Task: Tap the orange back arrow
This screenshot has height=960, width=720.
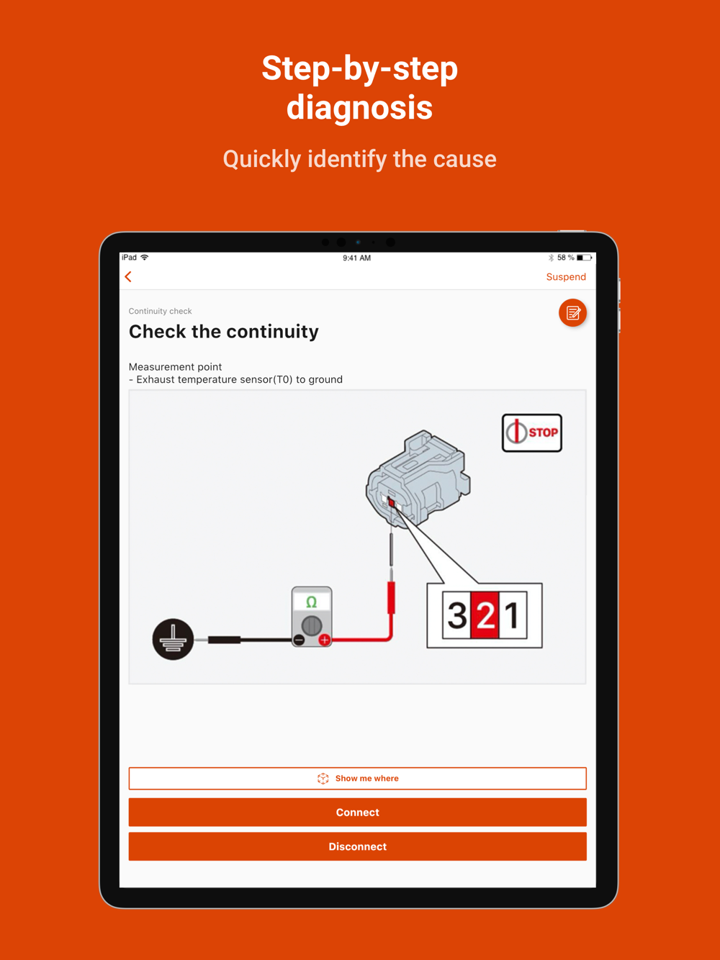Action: pos(128,276)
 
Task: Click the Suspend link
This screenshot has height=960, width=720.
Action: pos(566,277)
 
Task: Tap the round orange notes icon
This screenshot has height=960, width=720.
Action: pos(572,313)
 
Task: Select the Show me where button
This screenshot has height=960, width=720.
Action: pos(357,778)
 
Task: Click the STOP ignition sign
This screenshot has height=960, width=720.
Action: pos(532,433)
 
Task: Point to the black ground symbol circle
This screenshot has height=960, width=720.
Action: pos(173,639)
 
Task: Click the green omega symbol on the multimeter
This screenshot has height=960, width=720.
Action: pos(312,602)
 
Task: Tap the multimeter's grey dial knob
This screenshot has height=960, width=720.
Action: pos(312,625)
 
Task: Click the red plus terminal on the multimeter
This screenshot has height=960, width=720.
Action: pos(325,640)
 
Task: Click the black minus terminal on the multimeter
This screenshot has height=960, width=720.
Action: pos(300,640)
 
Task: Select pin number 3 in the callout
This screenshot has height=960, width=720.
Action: pos(457,615)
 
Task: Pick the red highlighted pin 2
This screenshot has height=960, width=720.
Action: pos(485,615)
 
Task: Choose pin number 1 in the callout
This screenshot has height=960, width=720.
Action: pos(513,615)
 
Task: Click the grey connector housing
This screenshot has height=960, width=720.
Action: pos(418,478)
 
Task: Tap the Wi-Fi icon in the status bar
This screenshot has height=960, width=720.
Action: pos(144,257)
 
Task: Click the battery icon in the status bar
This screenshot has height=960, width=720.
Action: pos(584,258)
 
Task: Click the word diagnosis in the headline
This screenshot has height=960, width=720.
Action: pos(359,108)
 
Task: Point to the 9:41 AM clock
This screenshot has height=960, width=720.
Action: pos(356,258)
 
